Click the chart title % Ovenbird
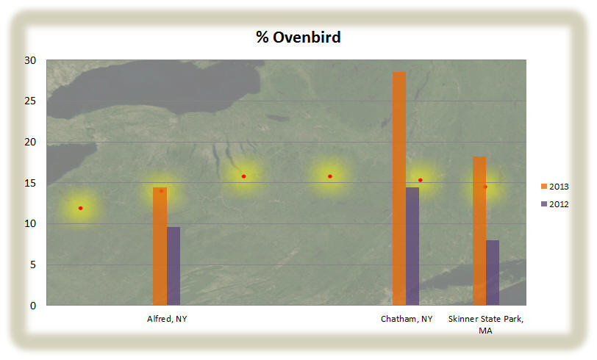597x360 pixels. point(298,37)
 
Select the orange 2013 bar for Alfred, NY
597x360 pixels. point(160,246)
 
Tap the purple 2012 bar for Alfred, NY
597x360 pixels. point(174,266)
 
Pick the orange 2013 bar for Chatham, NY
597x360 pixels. point(399,188)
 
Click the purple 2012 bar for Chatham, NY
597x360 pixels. point(412,246)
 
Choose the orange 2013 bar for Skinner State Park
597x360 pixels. point(479,231)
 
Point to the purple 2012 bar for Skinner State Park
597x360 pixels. point(493,273)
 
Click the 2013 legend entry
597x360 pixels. point(555,187)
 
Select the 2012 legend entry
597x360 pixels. point(555,204)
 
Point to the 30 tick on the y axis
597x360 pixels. point(30,60)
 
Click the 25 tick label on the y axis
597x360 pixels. point(30,101)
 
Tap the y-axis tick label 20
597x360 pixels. point(30,142)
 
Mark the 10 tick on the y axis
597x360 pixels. point(30,223)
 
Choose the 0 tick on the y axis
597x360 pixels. point(33,306)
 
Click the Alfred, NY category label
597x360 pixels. point(167,319)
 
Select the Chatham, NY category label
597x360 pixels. point(407,319)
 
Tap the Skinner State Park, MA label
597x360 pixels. point(486,325)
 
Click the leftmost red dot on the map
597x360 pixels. point(80,208)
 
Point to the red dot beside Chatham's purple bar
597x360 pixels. point(421,180)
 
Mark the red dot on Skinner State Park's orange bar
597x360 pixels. point(485,187)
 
